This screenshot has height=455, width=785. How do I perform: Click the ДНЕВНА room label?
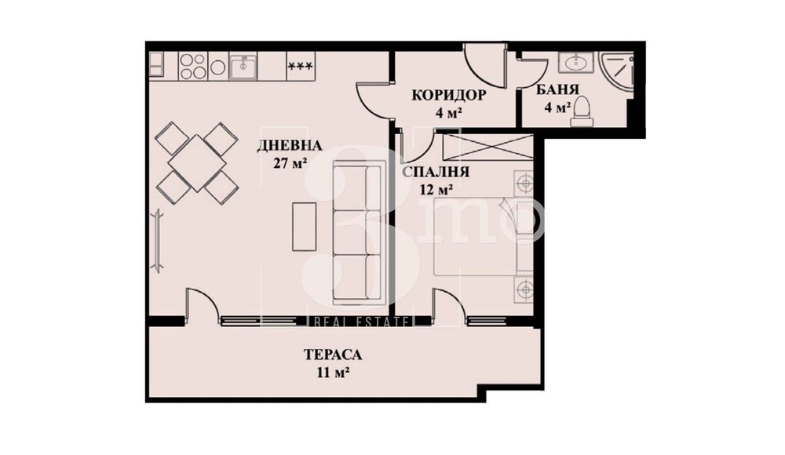click(x=289, y=145)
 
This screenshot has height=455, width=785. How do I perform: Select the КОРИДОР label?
click(x=449, y=96)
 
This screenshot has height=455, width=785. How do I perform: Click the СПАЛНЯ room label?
click(x=436, y=173)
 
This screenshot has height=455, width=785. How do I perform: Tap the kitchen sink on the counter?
click(x=244, y=67)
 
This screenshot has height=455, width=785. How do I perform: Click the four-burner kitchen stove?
click(x=192, y=66)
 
